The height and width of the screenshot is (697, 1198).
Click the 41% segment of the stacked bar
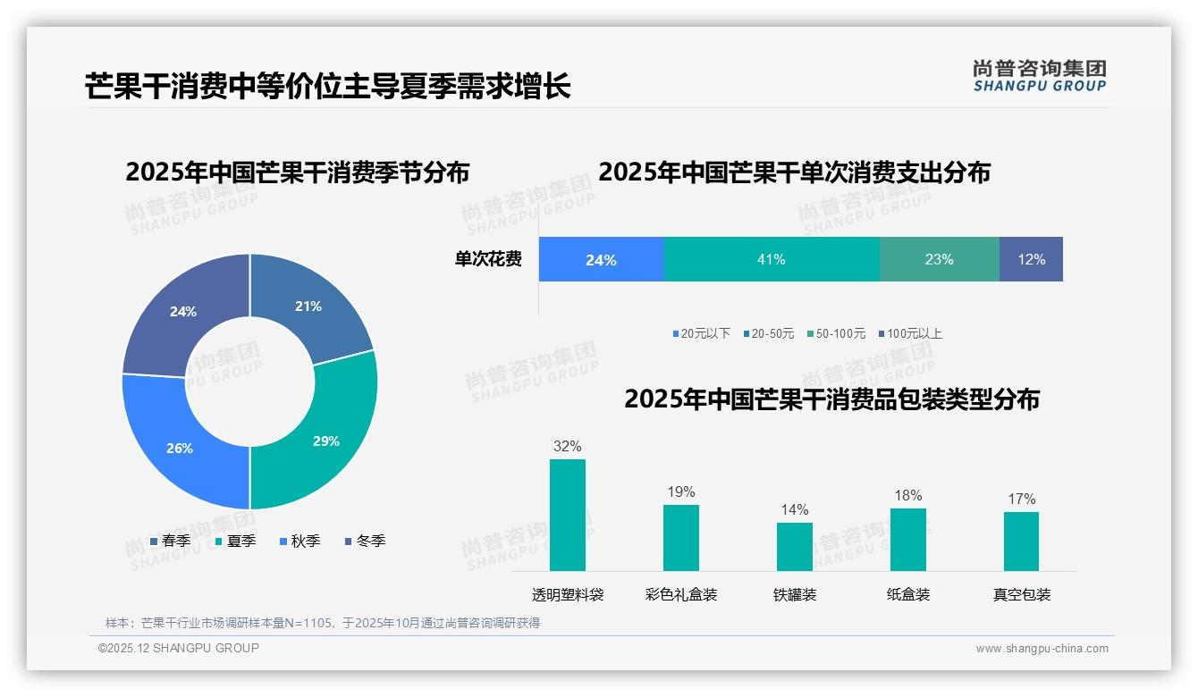772,259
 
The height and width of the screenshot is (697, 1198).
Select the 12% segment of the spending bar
1031,259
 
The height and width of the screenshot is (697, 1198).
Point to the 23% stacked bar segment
939,259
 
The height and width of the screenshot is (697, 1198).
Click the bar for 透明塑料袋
568,515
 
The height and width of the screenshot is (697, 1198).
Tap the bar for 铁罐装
794,546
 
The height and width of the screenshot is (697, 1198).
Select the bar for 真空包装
1021,541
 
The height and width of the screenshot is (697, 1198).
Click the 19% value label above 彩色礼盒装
680,492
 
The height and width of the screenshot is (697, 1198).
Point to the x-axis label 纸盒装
908,594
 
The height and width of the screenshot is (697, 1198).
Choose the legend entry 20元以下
701,333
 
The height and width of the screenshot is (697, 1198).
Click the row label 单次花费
488,259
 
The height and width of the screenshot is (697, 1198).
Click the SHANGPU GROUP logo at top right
1039,76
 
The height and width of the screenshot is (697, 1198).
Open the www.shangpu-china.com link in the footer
1042,648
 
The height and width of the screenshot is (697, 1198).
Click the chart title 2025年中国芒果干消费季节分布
297,172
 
